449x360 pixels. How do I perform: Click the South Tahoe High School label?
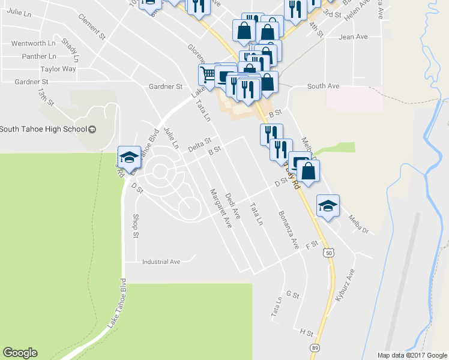(x=44, y=129)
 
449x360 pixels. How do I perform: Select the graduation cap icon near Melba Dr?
(x=328, y=205)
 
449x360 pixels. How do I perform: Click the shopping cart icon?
(x=207, y=75)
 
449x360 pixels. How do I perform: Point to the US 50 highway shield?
(x=328, y=254)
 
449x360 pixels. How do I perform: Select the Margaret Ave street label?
(x=220, y=208)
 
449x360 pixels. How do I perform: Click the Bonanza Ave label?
(x=288, y=230)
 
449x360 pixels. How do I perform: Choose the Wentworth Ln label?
(x=33, y=43)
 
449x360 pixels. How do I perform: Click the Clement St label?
(x=92, y=27)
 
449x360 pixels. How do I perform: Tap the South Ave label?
(x=323, y=86)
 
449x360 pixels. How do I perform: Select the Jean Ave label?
(x=353, y=37)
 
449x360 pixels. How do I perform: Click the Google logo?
(x=20, y=353)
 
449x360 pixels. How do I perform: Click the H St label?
(x=307, y=331)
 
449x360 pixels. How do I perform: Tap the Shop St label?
(x=136, y=225)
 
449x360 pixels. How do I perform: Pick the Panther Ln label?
(x=39, y=56)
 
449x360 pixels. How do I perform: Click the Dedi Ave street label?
(x=232, y=205)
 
